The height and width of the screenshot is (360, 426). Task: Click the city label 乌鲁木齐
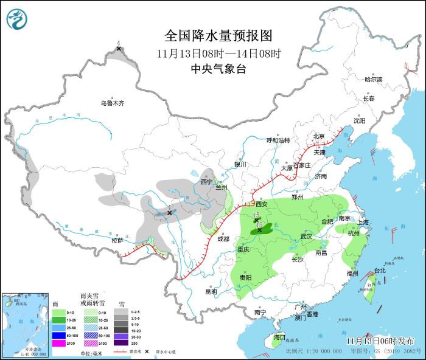coord(113,103)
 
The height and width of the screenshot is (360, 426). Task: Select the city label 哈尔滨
coord(373,80)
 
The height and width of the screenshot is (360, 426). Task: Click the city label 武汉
coord(306,236)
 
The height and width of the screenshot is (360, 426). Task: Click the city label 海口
coord(279,337)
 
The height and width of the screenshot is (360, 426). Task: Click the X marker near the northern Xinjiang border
coord(119,48)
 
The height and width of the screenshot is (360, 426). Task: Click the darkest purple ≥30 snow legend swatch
coord(123,343)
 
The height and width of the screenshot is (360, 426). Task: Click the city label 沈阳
coord(360,120)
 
